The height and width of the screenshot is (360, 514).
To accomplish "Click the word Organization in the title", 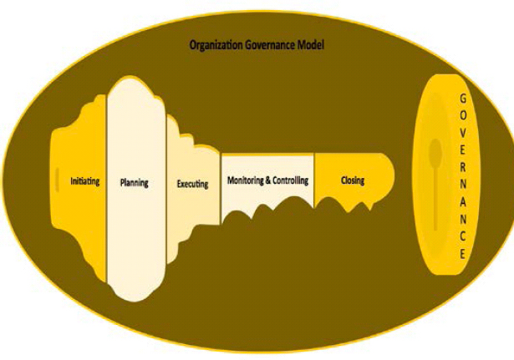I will pos(213,44).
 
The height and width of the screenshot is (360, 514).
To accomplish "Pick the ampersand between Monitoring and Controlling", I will pos(269,180).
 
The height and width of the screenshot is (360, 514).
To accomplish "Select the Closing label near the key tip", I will pos(352,180).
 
